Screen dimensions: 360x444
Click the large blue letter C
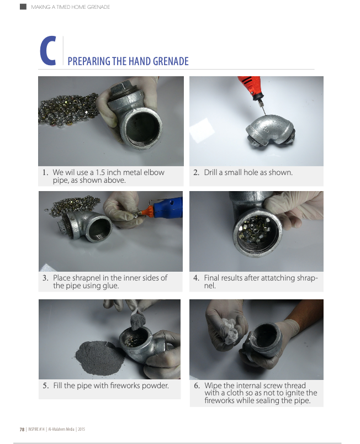pyautogui.click(x=47, y=51)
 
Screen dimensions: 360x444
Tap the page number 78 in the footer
pyautogui.click(x=22, y=429)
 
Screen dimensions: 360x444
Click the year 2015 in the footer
pyautogui.click(x=81, y=429)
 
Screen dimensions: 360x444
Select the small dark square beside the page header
pyautogui.click(x=23, y=7)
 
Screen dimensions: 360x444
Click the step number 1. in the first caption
pyautogui.click(x=46, y=172)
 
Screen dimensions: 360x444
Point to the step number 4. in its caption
pyautogui.click(x=197, y=278)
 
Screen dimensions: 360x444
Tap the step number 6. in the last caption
pyautogui.click(x=197, y=385)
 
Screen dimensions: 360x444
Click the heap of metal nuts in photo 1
pyautogui.click(x=70, y=110)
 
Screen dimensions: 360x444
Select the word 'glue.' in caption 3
pyautogui.click(x=110, y=286)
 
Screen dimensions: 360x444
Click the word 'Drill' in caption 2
pyautogui.click(x=210, y=172)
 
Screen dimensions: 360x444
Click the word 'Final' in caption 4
pyautogui.click(x=211, y=278)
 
